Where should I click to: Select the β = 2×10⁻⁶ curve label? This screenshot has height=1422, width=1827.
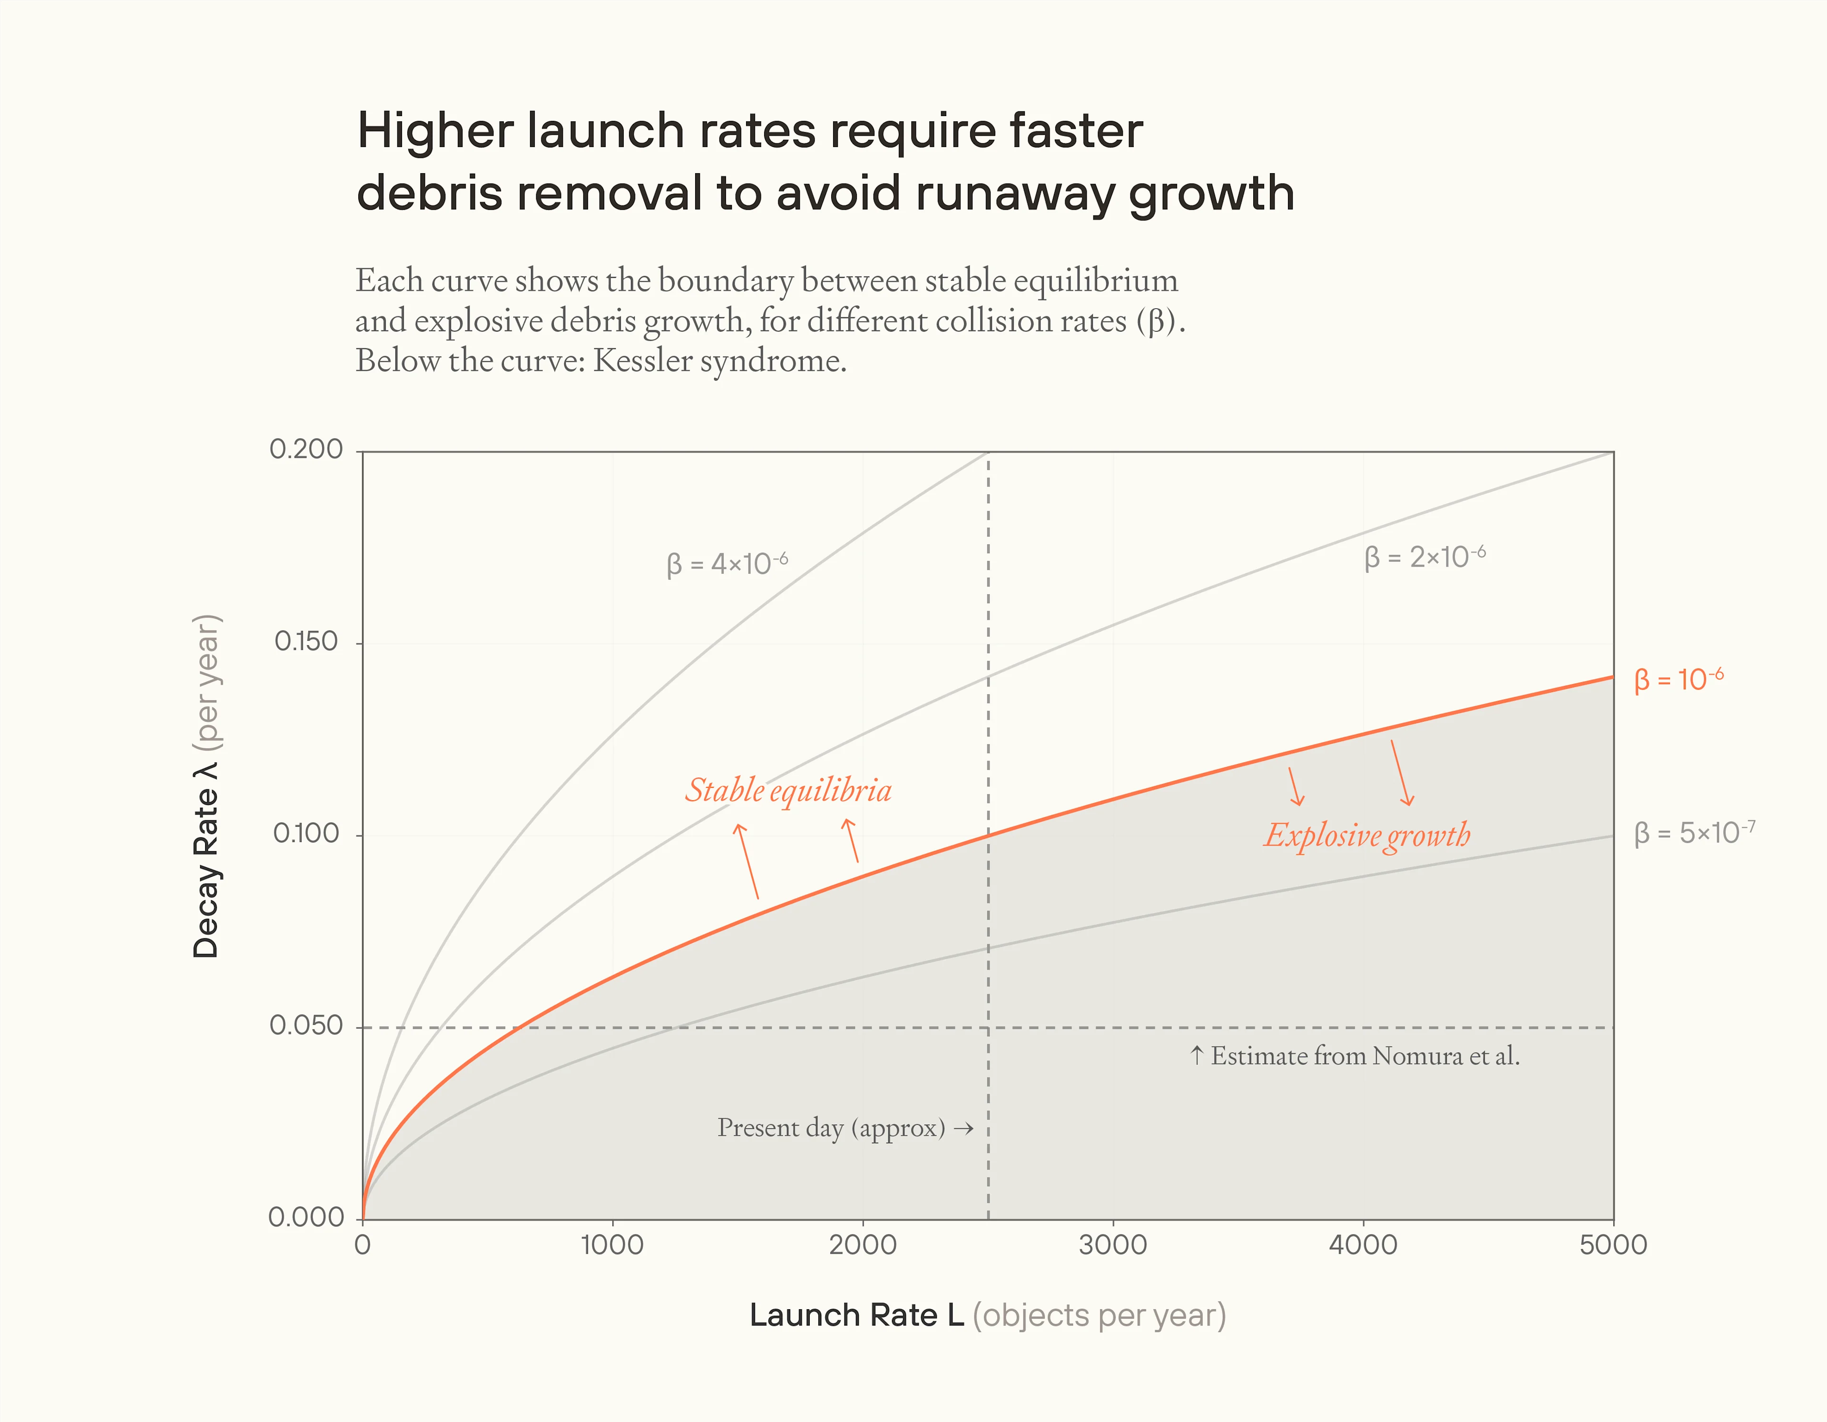pos(1424,557)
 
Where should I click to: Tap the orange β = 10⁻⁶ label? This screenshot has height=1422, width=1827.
pos(1678,679)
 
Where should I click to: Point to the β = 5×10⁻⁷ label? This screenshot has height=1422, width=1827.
pos(1694,833)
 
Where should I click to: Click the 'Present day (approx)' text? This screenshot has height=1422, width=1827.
pos(831,1128)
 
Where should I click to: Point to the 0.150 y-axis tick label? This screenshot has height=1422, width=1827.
pos(306,642)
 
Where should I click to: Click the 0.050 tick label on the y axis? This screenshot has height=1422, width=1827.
pos(306,1026)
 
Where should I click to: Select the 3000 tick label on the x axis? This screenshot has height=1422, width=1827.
pos(1112,1245)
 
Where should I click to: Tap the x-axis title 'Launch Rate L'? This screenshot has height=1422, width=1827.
pos(856,1315)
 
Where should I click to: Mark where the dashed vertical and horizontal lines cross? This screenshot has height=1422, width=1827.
pos(988,1027)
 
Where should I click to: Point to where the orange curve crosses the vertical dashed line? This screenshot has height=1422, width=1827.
pos(988,835)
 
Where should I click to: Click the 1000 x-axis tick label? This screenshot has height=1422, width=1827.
pos(612,1245)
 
